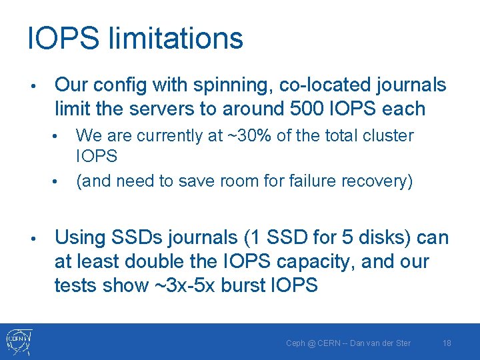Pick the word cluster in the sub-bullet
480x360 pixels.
pos(389,135)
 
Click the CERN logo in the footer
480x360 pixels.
pos(19,341)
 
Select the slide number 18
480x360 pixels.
pos(447,343)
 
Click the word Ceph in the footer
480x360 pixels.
pos(295,343)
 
